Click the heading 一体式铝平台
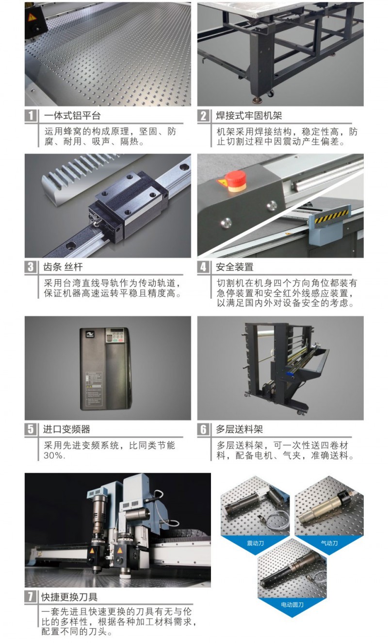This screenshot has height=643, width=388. (x=72, y=116)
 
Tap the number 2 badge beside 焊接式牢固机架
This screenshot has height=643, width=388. (x=203, y=116)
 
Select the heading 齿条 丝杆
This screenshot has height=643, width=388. (x=63, y=267)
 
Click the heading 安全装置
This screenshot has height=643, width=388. (x=235, y=267)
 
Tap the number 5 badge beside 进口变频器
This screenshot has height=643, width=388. (x=31, y=429)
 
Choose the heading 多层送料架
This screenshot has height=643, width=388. (x=240, y=429)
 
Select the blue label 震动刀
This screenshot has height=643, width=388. (x=255, y=543)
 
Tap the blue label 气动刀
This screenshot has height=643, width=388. (x=329, y=543)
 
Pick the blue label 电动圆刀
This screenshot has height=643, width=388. (x=292, y=605)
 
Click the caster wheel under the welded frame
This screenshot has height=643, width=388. (x=270, y=94)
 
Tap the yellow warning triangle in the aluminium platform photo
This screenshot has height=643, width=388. (x=32, y=17)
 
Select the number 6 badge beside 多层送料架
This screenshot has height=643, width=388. (x=203, y=429)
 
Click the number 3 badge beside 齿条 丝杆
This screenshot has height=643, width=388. (x=31, y=267)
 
